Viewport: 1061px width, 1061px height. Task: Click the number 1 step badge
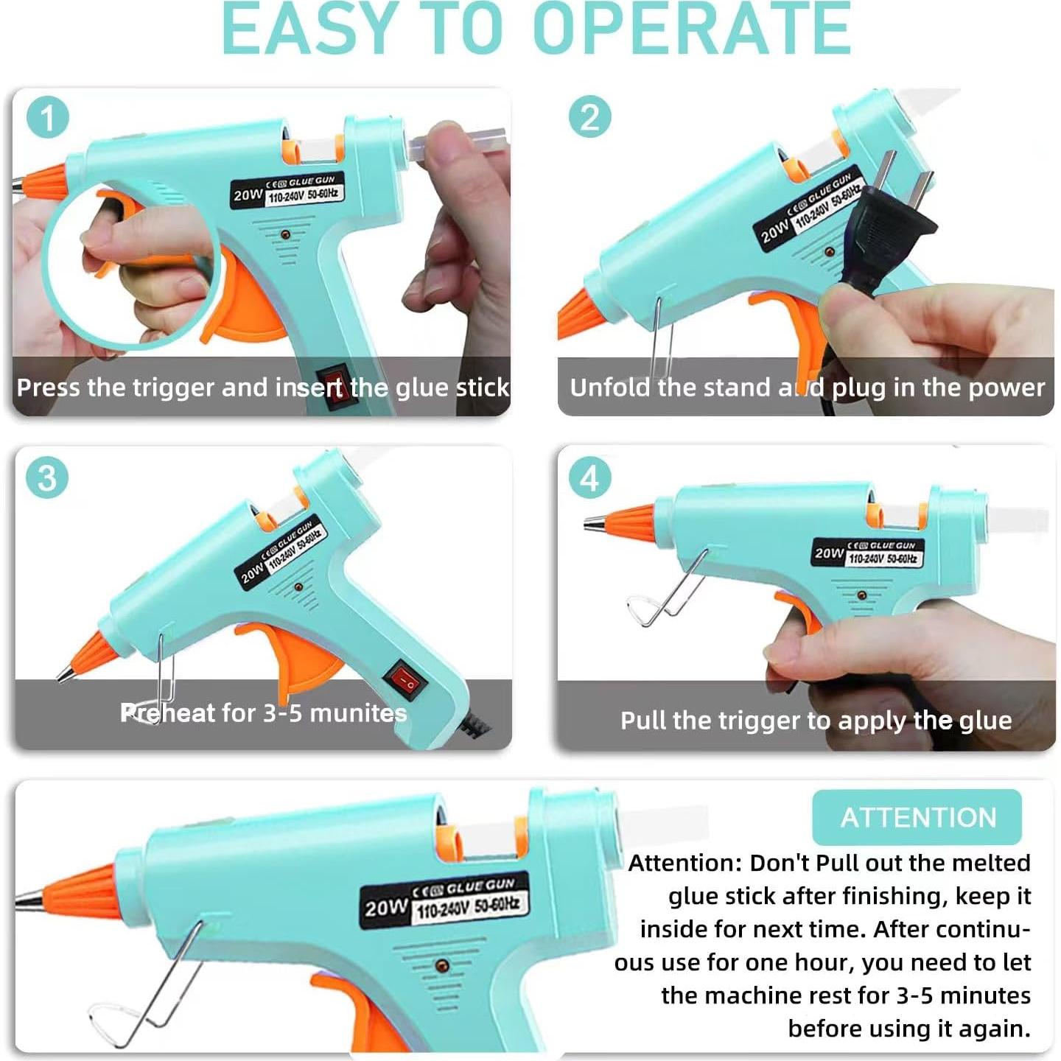[x=48, y=117]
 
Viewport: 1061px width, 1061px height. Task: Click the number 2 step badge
[x=589, y=117]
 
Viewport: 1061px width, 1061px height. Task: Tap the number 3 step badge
[x=47, y=477]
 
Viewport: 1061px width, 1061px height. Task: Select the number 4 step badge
[x=589, y=477]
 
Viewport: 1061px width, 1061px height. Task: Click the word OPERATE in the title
[x=692, y=29]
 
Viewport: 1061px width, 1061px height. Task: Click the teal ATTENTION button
[x=917, y=816]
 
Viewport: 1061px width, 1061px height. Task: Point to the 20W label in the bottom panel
[x=385, y=907]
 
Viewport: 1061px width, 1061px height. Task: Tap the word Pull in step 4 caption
[x=642, y=720]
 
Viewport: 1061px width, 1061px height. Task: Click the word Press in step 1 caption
[x=49, y=388]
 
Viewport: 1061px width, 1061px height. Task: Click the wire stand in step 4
[x=666, y=589]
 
